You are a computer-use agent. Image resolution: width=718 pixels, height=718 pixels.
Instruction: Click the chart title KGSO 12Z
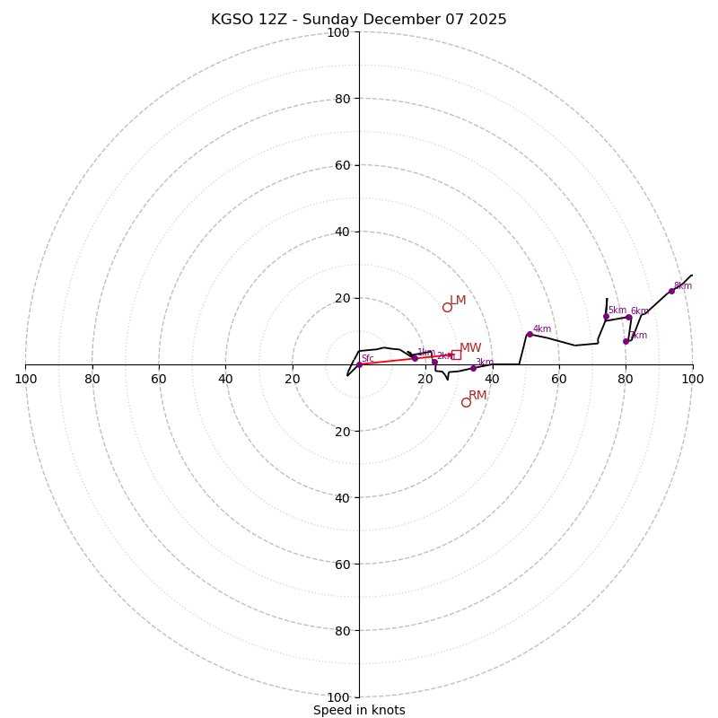tap(359, 20)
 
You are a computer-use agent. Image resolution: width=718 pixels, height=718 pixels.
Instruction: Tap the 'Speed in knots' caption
tap(359, 710)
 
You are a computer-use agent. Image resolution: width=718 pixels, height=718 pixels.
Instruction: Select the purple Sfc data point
tap(359, 364)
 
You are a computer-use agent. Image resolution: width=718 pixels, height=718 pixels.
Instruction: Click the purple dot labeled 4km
tap(530, 334)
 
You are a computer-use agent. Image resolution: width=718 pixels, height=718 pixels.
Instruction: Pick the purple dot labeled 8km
tap(671, 291)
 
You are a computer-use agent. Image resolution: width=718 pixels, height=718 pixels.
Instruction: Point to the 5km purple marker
tap(606, 316)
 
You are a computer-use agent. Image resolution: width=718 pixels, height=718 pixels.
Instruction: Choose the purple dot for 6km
tap(628, 317)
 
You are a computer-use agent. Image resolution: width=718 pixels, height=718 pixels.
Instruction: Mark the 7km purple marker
tap(626, 341)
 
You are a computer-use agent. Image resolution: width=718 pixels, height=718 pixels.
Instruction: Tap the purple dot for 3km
tap(473, 368)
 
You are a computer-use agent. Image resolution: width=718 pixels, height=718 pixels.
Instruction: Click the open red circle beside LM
tap(447, 307)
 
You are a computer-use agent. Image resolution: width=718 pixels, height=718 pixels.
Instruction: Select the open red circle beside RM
tap(466, 402)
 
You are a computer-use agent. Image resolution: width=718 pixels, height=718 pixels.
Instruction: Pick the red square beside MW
tap(456, 355)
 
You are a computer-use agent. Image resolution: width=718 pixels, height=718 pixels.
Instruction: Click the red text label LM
tap(458, 301)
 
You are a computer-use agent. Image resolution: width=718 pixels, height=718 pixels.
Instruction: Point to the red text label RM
tap(477, 396)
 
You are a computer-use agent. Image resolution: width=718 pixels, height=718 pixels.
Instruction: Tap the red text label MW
tap(470, 348)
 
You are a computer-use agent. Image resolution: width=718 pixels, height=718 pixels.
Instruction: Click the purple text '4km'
tap(542, 329)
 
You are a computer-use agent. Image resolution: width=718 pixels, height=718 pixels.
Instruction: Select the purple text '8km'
tap(683, 286)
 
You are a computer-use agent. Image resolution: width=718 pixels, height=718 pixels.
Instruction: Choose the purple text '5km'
tap(617, 311)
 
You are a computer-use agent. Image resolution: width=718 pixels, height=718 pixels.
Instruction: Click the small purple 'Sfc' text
tap(367, 359)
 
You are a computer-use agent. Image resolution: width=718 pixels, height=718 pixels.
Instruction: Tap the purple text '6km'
tap(640, 311)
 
